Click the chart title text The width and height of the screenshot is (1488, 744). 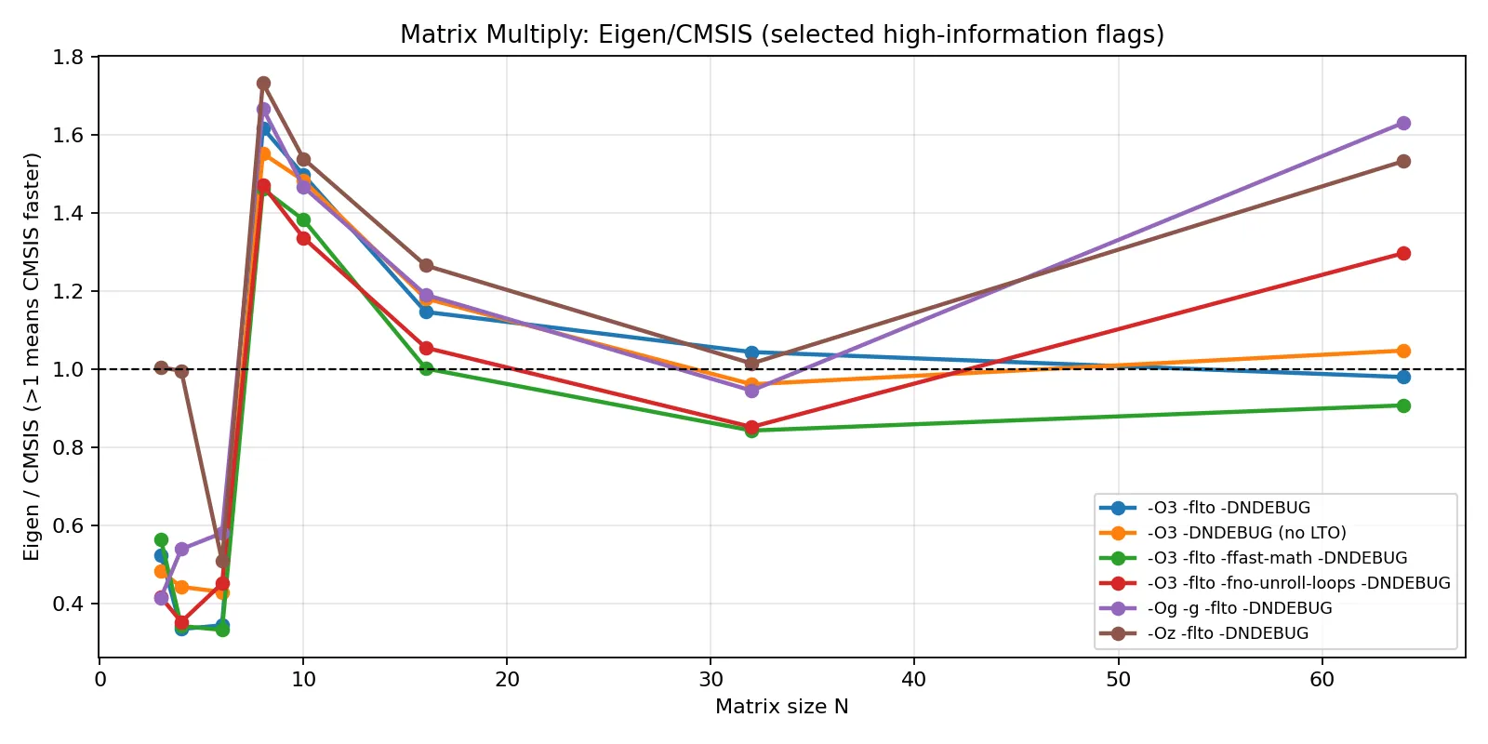pos(781,34)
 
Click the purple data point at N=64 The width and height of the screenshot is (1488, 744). pos(1403,123)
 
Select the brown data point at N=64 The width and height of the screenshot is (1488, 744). pos(1403,161)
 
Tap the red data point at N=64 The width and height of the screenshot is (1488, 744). pos(1403,253)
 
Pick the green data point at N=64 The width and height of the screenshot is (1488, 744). pos(1403,405)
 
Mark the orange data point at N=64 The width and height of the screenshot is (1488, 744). pos(1403,351)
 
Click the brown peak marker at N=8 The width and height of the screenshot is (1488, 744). pos(263,83)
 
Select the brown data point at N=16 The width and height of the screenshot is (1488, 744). pos(426,265)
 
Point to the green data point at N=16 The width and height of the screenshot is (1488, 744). pos(426,368)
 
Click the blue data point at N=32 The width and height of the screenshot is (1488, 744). pos(751,352)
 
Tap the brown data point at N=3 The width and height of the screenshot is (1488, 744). pos(161,367)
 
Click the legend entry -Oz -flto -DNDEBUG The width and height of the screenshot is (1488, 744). pos(1228,633)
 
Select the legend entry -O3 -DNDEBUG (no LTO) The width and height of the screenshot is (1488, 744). pos(1246,533)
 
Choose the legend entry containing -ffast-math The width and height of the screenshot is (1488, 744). pos(1277,558)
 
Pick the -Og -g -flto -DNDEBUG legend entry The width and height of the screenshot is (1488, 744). pos(1239,608)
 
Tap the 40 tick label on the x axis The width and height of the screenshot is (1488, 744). pos(913,680)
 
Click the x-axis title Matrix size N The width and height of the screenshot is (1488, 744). pos(781,707)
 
